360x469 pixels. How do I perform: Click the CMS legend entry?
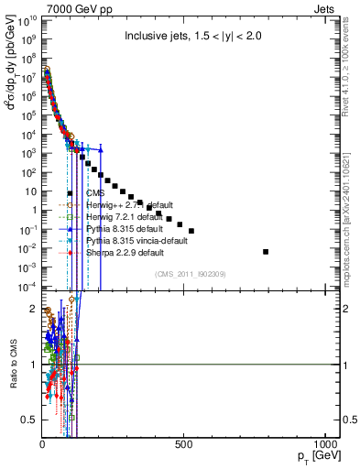coord(95,193)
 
